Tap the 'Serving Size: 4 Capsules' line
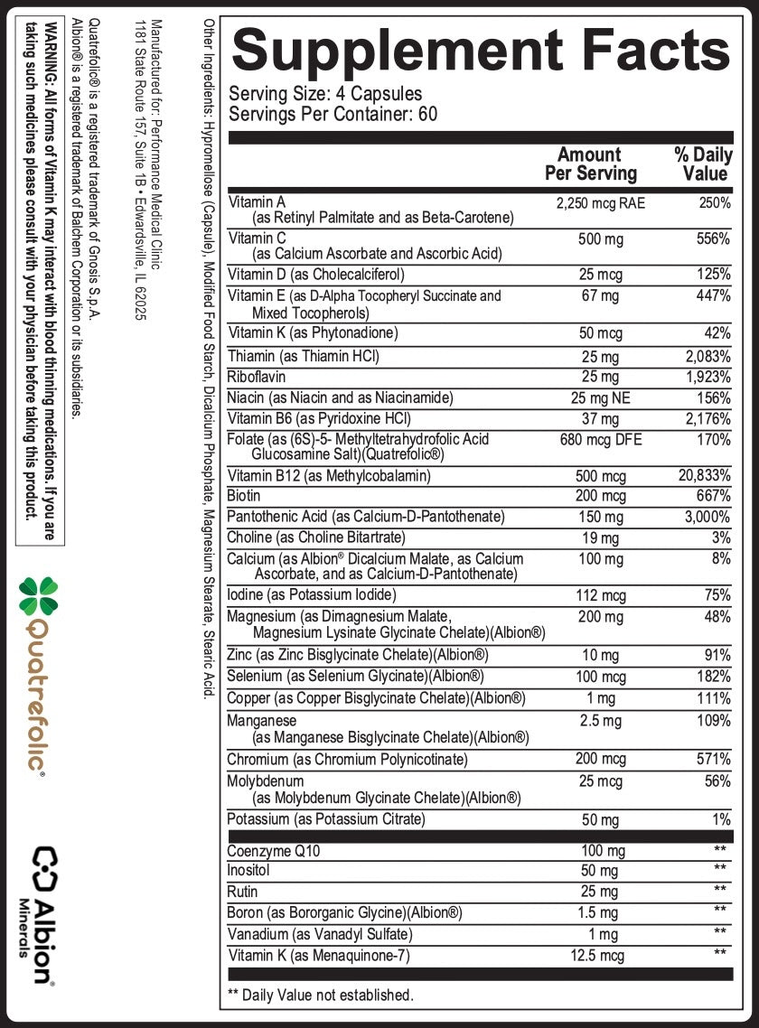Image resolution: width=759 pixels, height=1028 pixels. [x=325, y=94]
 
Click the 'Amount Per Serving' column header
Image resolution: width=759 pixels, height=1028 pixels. [x=590, y=164]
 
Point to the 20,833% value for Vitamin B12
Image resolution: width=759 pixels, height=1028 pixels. [x=704, y=476]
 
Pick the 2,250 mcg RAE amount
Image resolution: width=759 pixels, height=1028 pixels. [x=600, y=203]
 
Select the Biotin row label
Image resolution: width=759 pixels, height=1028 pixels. [x=244, y=496]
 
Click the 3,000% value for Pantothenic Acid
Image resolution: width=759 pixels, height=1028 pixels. [x=707, y=517]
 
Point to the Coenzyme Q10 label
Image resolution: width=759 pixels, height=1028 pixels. [x=271, y=851]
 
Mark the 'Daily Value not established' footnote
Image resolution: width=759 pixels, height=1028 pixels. [x=321, y=995]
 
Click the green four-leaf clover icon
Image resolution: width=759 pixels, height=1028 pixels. [x=39, y=597]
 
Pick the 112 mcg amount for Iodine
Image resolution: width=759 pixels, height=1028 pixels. [x=600, y=595]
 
